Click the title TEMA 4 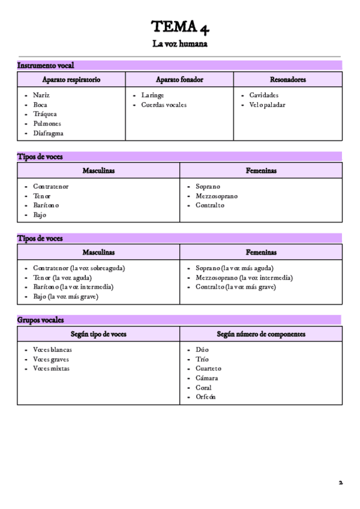tap(180, 26)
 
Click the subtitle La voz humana tap(180, 44)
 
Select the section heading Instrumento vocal tap(46, 65)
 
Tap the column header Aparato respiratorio tap(71, 79)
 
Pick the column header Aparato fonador tap(179, 79)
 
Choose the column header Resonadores tap(288, 79)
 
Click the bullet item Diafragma tap(48, 133)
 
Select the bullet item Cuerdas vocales tap(164, 104)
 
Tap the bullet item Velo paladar tap(267, 104)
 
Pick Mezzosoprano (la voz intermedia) tap(244, 277)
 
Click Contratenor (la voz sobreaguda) tap(83, 268)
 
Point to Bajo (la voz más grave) tap(65, 297)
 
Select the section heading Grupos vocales tap(41, 319)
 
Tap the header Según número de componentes tap(261, 333)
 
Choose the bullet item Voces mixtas tap(51, 368)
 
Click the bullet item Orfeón tap(206, 397)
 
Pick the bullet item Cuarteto tap(208, 368)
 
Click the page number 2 tap(340, 482)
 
